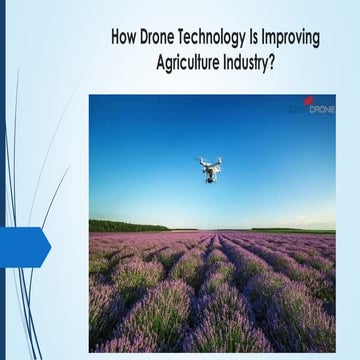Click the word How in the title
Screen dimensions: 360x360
125,38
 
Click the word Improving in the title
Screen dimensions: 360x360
303,39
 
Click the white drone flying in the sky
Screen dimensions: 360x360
210,169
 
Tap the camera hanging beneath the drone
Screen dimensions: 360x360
210,177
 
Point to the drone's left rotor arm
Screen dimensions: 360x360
202,163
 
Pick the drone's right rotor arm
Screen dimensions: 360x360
218,163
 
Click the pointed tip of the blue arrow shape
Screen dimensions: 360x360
49,246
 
